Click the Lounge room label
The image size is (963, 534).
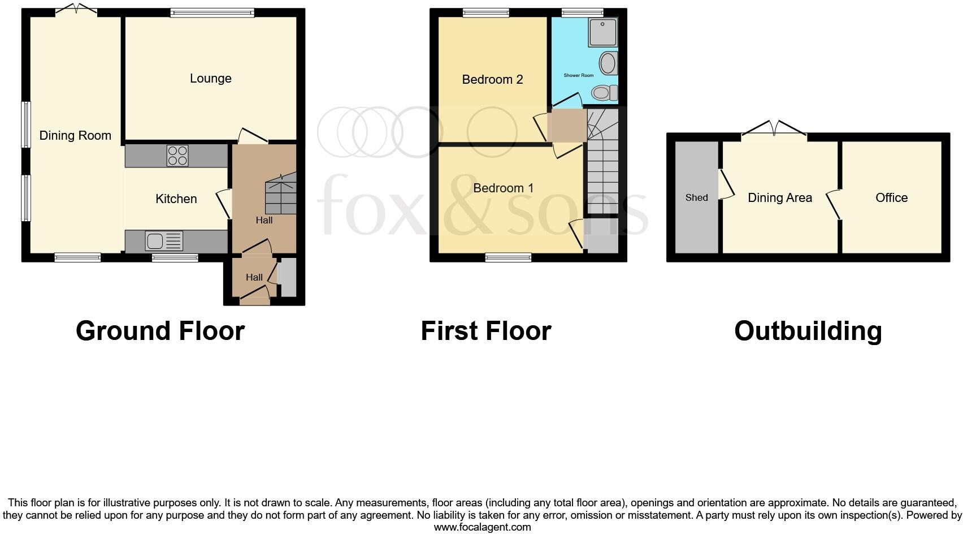(210, 79)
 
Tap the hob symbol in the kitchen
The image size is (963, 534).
(177, 156)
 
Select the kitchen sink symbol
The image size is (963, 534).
(164, 242)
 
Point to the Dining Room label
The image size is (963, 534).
(75, 136)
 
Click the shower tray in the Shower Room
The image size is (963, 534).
(602, 32)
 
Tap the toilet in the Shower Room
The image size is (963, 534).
(604, 92)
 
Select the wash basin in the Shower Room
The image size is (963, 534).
(608, 63)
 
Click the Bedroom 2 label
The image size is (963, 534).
(492, 80)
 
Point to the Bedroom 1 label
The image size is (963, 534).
(503, 188)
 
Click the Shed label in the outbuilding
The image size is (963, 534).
(696, 197)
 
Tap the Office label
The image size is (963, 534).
(891, 197)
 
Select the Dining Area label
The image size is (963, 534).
(779, 197)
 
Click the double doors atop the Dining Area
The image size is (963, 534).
(774, 128)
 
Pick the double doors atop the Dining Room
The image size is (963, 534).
(76, 10)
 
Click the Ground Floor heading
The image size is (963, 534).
(160, 331)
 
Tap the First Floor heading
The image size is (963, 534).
(485, 331)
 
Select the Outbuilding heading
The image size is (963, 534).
(808, 331)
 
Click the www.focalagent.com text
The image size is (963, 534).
(482, 527)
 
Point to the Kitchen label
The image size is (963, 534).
(176, 199)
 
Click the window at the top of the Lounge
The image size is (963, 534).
(212, 12)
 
